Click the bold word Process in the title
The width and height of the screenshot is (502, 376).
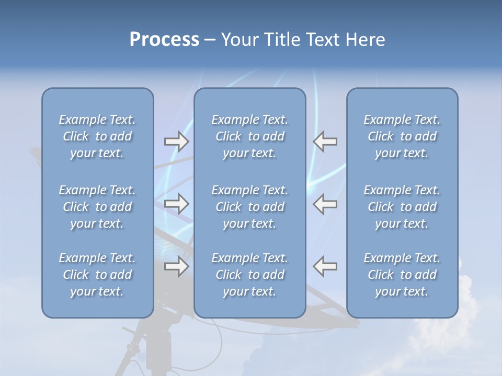(164, 40)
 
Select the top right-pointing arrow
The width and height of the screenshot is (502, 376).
(177, 142)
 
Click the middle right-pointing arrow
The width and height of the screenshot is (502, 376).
(177, 204)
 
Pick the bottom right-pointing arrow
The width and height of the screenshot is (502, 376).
(177, 266)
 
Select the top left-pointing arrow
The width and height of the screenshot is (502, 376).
(325, 142)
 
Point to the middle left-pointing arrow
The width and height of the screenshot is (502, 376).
(325, 204)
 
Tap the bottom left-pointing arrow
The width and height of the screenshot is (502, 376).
(325, 266)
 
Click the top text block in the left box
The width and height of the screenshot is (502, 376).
(97, 136)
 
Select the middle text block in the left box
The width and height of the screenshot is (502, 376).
(97, 207)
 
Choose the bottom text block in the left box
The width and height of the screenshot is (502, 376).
(97, 275)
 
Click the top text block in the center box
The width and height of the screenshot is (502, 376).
(249, 136)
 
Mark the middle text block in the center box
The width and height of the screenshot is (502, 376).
(249, 207)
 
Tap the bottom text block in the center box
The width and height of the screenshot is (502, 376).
(249, 275)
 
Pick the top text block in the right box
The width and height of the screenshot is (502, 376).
(402, 136)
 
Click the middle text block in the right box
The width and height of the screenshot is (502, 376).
(402, 207)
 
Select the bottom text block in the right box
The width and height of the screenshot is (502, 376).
(402, 275)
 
